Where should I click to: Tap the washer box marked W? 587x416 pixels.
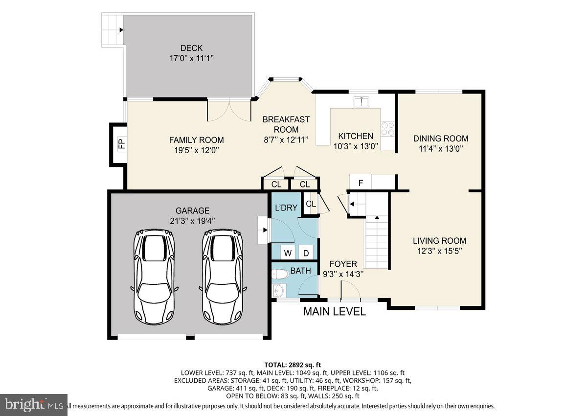pos(288,253)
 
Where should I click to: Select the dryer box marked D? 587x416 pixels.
pos(306,253)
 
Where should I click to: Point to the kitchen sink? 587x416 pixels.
pos(362,102)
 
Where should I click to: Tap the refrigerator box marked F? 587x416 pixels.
pos(361,183)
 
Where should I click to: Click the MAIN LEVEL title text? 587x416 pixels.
pos(335,312)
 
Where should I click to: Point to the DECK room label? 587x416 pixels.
pos(191,48)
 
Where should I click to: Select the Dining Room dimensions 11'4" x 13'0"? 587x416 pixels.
pos(440,149)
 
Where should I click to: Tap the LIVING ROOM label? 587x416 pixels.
pos(439,241)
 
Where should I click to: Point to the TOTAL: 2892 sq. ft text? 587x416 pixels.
pos(293,364)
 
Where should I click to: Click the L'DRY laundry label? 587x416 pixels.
pos(286,208)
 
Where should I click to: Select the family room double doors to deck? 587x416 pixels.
pos(229,110)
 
